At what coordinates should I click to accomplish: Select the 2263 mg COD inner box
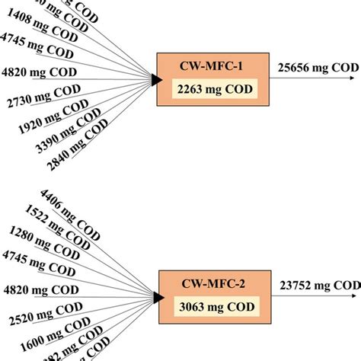tap(208, 89)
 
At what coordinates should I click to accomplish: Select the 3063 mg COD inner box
tap(208, 306)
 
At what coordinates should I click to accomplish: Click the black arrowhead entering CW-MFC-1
tap(156, 79)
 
